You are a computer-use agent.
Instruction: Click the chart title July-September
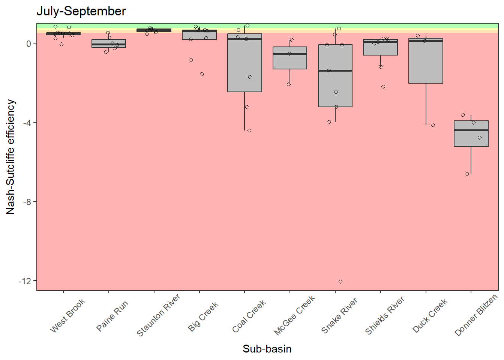click(x=81, y=11)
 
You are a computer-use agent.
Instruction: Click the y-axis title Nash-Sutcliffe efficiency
click(x=10, y=157)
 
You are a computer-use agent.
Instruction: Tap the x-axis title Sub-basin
click(x=267, y=349)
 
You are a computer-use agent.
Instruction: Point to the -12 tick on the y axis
click(x=25, y=281)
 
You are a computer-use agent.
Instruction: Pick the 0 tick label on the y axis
click(x=29, y=43)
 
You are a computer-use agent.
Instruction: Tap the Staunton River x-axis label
click(x=158, y=315)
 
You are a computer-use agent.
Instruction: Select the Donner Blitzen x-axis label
click(x=475, y=315)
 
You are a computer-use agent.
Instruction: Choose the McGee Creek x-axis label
click(x=294, y=315)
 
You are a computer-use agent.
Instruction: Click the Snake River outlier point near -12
click(x=340, y=282)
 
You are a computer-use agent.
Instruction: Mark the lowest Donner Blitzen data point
click(x=467, y=174)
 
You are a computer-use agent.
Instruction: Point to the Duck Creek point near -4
click(x=433, y=125)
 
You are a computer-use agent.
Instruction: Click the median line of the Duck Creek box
click(x=426, y=41)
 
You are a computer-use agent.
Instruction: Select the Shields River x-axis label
click(x=385, y=315)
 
